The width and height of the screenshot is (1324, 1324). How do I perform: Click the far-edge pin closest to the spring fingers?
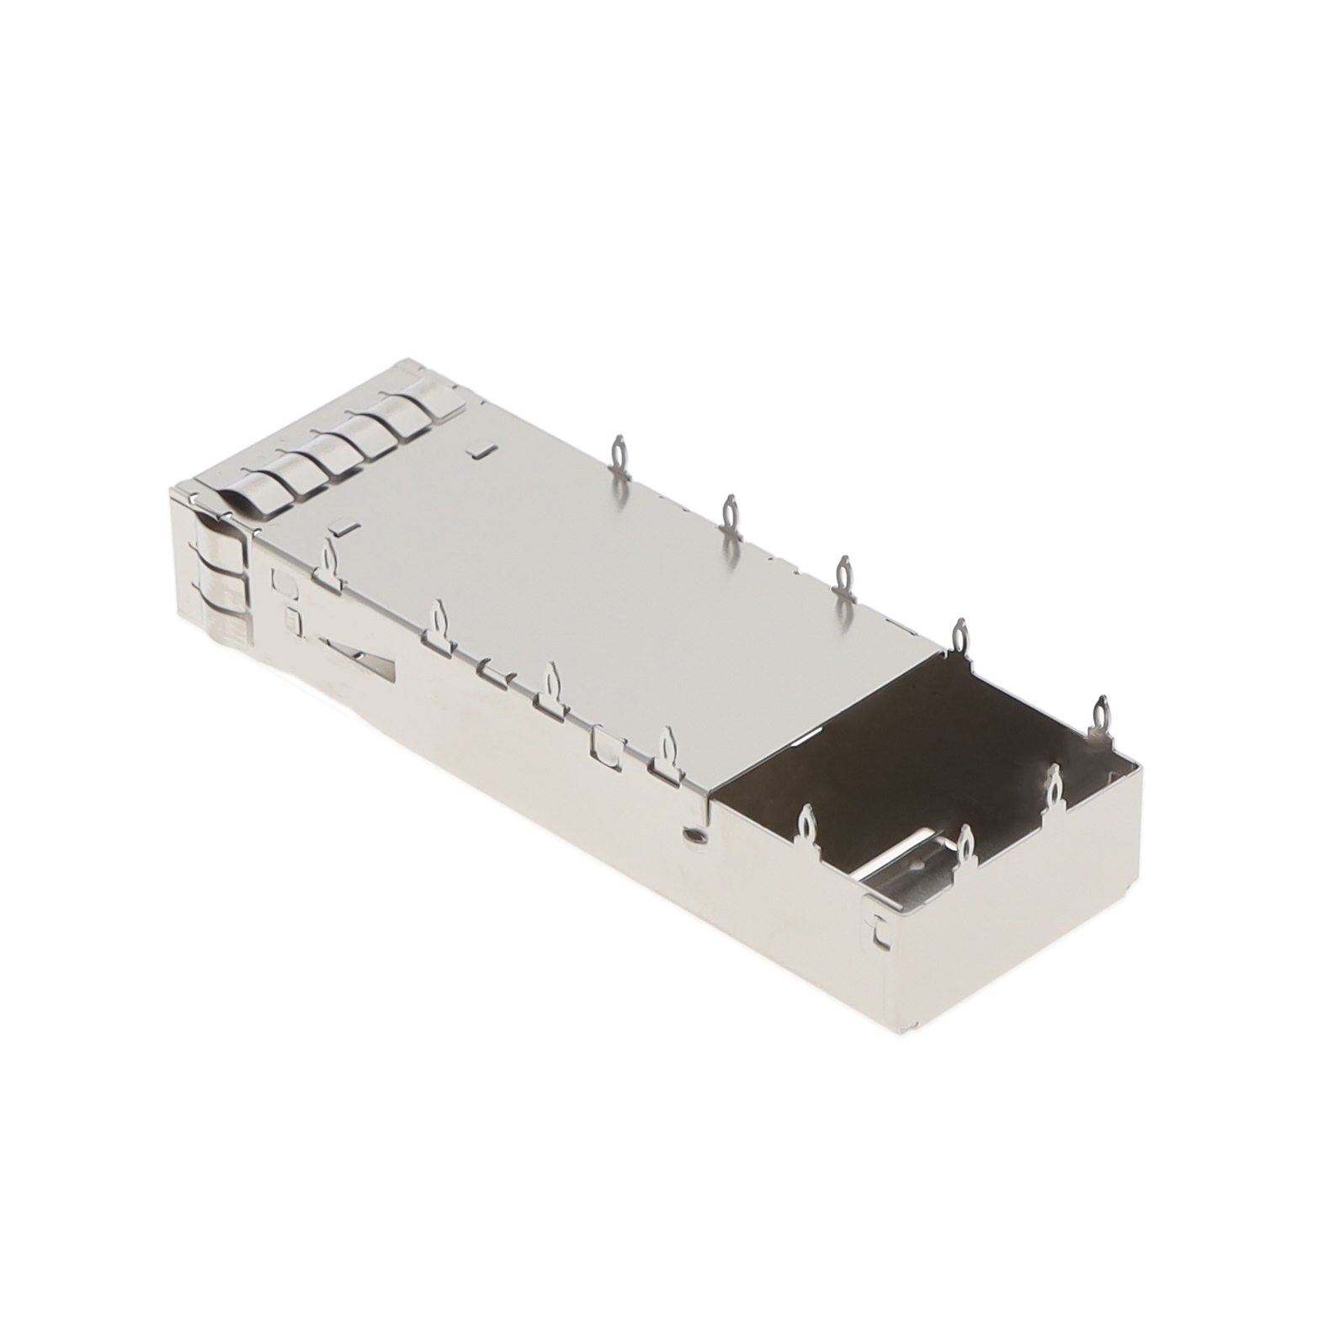point(619,459)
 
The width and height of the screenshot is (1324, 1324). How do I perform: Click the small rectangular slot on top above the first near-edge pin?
point(343,528)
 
